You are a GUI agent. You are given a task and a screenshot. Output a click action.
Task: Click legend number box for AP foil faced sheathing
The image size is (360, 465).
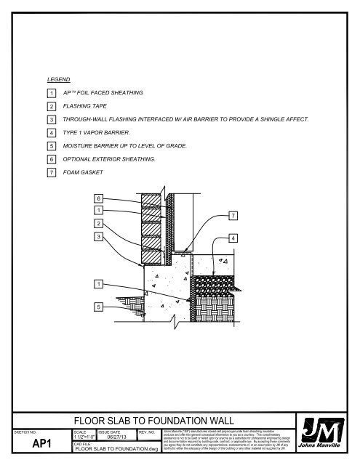click(52, 94)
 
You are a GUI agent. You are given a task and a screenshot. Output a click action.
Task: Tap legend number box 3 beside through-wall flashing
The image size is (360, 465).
click(52, 120)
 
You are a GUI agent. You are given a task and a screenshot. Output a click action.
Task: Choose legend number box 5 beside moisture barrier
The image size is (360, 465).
click(52, 146)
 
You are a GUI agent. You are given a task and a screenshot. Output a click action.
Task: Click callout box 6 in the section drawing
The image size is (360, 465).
click(97, 198)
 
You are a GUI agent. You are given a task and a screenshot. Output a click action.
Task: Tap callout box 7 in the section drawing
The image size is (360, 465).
click(233, 215)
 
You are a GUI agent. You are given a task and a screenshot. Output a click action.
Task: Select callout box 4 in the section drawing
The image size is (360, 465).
click(232, 238)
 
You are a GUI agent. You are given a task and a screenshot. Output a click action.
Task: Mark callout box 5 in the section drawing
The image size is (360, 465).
click(97, 306)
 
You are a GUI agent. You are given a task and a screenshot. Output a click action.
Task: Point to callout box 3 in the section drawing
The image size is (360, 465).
click(97, 236)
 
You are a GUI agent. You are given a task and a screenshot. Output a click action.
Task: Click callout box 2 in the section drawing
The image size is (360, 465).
click(97, 223)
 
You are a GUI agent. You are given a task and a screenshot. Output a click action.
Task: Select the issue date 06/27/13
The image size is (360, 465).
click(119, 437)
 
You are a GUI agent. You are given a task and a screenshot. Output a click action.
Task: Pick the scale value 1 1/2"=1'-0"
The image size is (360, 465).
click(84, 437)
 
